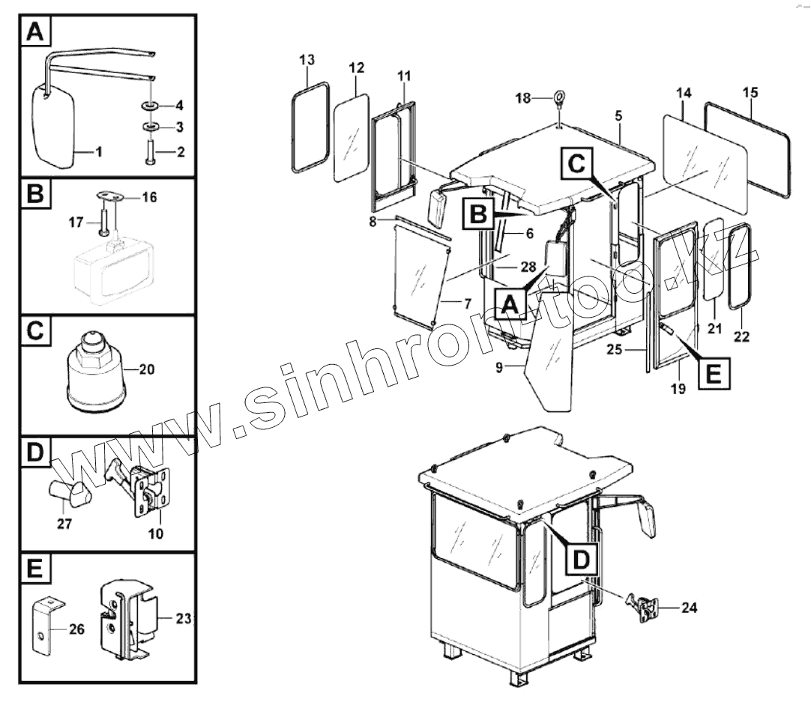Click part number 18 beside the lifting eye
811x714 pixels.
pyautogui.click(x=522, y=98)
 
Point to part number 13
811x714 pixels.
pyautogui.click(x=307, y=59)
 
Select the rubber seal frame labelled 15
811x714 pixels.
pyautogui.click(x=748, y=149)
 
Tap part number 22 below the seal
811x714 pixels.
pyautogui.click(x=741, y=336)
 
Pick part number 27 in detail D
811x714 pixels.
pyautogui.click(x=64, y=524)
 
